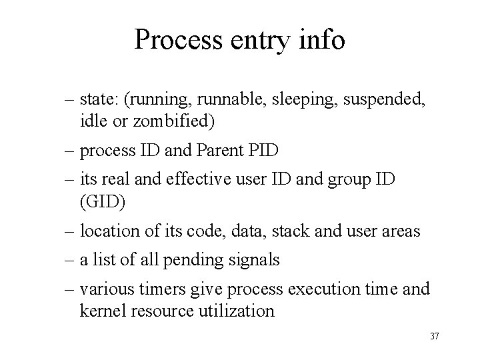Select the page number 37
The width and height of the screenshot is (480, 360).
434,335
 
